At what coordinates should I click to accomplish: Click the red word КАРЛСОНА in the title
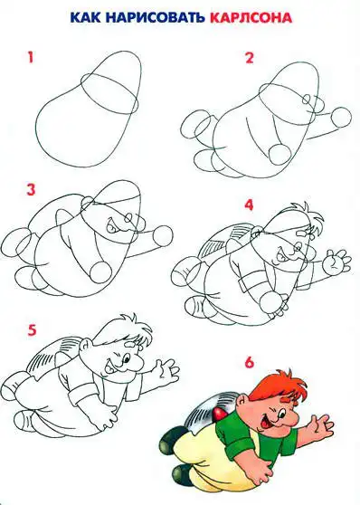(x=251, y=17)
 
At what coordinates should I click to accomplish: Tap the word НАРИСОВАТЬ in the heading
(x=155, y=17)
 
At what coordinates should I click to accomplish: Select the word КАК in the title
(x=85, y=17)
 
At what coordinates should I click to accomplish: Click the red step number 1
(x=31, y=58)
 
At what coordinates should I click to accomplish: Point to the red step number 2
(x=250, y=58)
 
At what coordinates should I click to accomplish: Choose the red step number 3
(x=31, y=190)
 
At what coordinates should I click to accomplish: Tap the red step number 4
(x=249, y=205)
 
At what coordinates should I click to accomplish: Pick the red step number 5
(x=32, y=330)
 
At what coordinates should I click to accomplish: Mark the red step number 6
(x=250, y=363)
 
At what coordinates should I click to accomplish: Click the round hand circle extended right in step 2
(x=341, y=118)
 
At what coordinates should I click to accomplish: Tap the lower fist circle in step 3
(x=100, y=272)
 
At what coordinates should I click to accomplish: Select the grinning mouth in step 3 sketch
(x=112, y=225)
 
